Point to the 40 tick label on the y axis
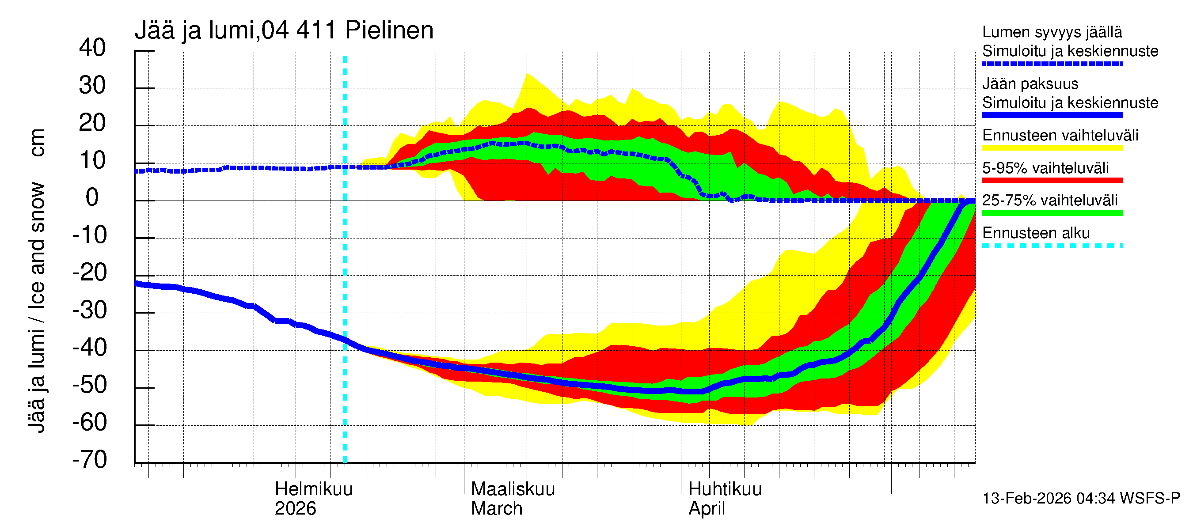pos(92,48)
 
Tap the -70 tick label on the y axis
pos(89,460)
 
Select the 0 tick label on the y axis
pos(92,198)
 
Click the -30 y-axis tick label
pos(89,310)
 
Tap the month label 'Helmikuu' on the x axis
pos(314,489)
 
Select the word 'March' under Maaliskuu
pos(497,509)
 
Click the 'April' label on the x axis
pos(706,509)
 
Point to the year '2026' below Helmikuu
pos(295,509)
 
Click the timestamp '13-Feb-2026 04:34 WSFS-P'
pos(1081,499)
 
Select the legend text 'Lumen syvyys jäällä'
pos(1052,32)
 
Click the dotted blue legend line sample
pos(1052,64)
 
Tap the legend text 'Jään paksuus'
pos(1030,84)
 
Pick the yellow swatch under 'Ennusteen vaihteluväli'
pos(1052,148)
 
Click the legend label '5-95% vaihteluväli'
pos(1045,168)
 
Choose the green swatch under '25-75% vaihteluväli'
pos(1052,213)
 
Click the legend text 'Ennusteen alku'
pos(1036,233)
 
